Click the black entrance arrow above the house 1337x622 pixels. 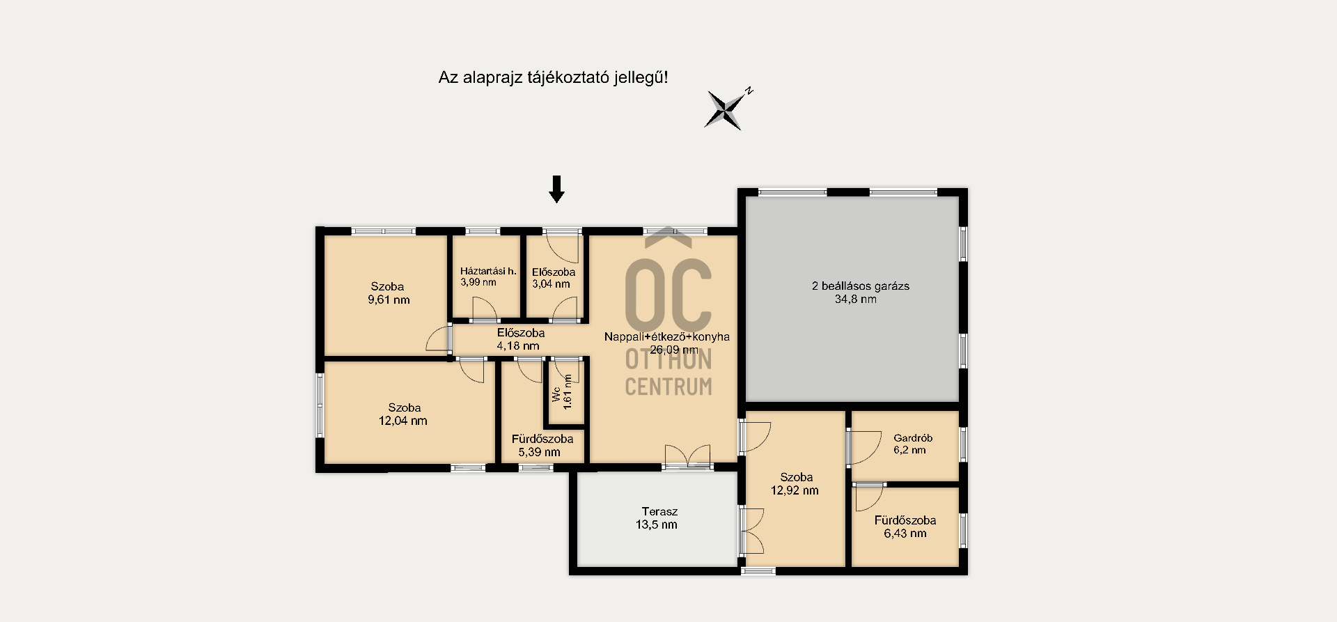(556, 189)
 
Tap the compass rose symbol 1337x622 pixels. (726, 109)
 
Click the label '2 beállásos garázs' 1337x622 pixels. (861, 286)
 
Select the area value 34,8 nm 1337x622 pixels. (856, 300)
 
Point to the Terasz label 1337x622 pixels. (659, 511)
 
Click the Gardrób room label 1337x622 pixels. (913, 438)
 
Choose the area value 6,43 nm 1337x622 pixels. (905, 534)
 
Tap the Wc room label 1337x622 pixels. (556, 395)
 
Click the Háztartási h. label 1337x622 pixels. (488, 271)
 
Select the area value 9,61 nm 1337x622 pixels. (389, 300)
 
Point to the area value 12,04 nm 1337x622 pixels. (403, 421)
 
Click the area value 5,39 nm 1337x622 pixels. (539, 452)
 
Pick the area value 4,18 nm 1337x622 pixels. (518, 345)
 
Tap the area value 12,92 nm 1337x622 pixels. (795, 490)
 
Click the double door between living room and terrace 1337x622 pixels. (687, 456)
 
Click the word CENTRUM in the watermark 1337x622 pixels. (668, 387)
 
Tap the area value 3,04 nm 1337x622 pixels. (551, 284)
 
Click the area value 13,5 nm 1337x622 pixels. (656, 525)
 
